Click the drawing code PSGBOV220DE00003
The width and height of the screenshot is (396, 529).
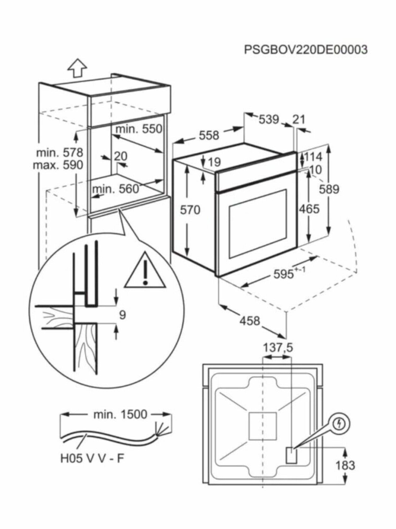pyautogui.click(x=305, y=49)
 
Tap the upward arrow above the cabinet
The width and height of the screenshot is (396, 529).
pyautogui.click(x=77, y=69)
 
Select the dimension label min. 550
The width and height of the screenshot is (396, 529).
pyautogui.click(x=139, y=129)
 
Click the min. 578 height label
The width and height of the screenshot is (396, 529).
pyautogui.click(x=59, y=153)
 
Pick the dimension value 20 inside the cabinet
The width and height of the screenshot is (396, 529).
pyautogui.click(x=120, y=156)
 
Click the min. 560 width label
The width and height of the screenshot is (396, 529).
pyautogui.click(x=115, y=189)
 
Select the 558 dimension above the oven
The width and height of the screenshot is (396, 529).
pyautogui.click(x=209, y=135)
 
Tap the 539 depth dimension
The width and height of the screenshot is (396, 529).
pyautogui.click(x=269, y=119)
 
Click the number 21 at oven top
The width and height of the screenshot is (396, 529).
pyautogui.click(x=299, y=119)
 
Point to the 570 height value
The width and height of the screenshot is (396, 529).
pyautogui.click(x=190, y=210)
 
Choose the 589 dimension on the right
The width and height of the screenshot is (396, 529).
pyautogui.click(x=329, y=189)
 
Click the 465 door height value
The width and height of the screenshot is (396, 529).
pyautogui.click(x=309, y=209)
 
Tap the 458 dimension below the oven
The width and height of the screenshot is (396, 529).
pyautogui.click(x=250, y=321)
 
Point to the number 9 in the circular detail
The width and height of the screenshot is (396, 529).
pyautogui.click(x=122, y=315)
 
